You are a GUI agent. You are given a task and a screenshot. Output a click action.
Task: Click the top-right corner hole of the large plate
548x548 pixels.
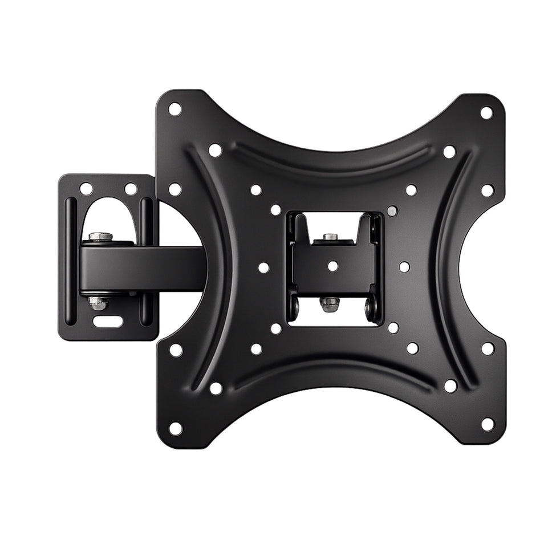tap(486, 112)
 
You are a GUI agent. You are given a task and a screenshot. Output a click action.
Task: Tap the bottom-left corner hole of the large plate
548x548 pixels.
tap(176, 428)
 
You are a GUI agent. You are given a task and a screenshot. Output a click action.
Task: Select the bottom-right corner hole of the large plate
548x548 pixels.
tap(488, 424)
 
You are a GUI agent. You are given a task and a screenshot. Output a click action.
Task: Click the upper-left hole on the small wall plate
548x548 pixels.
tap(86, 188)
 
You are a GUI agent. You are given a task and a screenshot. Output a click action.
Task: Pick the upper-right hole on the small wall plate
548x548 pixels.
tap(131, 188)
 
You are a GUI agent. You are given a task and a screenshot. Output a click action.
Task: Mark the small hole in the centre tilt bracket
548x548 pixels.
tap(332, 265)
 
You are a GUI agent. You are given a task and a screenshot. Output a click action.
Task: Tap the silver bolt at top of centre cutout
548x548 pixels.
tap(329, 237)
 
